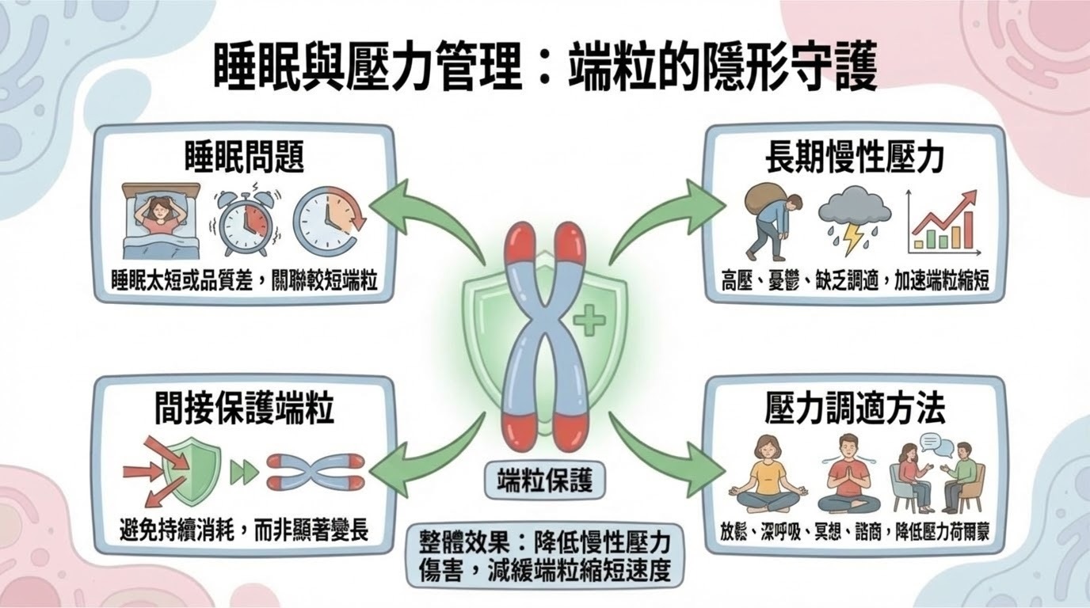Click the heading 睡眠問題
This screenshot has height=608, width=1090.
[243, 158]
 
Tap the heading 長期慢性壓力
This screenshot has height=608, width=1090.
[854, 158]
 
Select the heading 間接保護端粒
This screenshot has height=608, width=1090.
[243, 409]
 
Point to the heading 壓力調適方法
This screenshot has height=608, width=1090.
[854, 409]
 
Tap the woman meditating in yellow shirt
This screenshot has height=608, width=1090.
[768, 473]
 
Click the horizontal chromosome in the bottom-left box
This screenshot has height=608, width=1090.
[315, 473]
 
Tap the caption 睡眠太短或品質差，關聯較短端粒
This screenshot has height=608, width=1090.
[243, 280]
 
